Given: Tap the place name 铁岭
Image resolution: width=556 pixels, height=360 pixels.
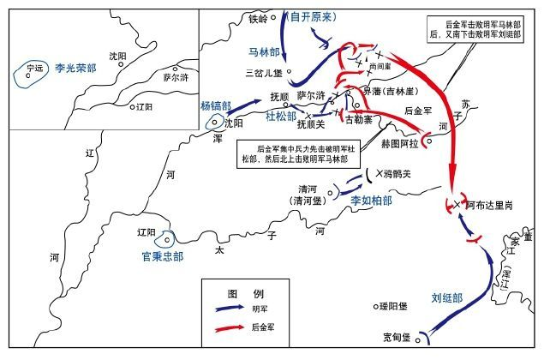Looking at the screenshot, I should coord(259,17).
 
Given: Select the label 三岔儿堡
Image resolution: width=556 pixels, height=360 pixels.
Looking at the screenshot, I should coord(262,74).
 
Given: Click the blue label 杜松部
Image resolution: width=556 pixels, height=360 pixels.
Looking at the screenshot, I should coord(280,115).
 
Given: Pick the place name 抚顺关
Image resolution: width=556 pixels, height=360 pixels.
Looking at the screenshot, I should coord(312,123).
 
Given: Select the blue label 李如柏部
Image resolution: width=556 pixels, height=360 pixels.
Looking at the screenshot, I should coord(370,199).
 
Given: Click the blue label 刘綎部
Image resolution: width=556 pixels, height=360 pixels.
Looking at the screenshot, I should coord(446,298).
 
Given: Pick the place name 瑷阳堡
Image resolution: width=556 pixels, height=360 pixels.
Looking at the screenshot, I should coord(398,306).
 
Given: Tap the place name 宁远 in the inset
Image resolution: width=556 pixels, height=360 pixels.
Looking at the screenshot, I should coord(35,67).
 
